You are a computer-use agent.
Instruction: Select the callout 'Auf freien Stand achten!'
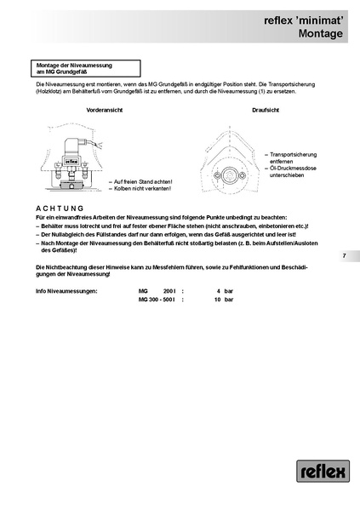[143, 181]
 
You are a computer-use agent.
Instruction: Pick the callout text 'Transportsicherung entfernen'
[294, 157]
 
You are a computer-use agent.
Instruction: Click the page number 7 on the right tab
[345, 255]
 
